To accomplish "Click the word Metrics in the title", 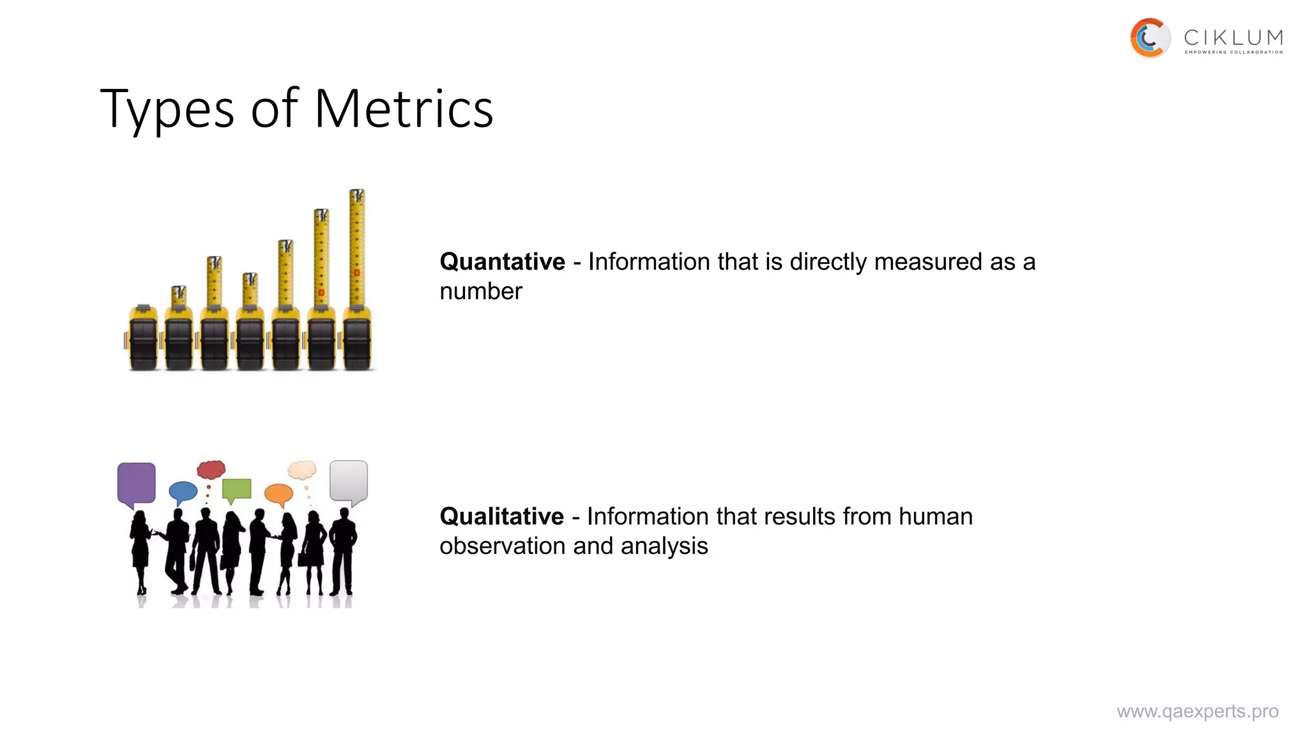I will [404, 109].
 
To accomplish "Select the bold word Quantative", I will [502, 262].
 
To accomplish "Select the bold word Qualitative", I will [501, 516].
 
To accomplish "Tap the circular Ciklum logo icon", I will [1150, 38].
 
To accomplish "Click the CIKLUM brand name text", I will [1233, 38].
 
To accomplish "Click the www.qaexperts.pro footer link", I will [1198, 711].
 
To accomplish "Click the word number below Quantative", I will [480, 291].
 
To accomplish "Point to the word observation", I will [503, 546].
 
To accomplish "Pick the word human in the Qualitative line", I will [936, 516].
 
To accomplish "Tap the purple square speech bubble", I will [137, 483].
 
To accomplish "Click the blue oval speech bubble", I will [183, 491].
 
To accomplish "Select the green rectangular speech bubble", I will [236, 489].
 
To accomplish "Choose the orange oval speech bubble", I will [278, 493].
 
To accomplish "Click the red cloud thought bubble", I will [211, 470].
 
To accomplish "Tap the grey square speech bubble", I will [349, 480].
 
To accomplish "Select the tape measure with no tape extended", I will [143, 339].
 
